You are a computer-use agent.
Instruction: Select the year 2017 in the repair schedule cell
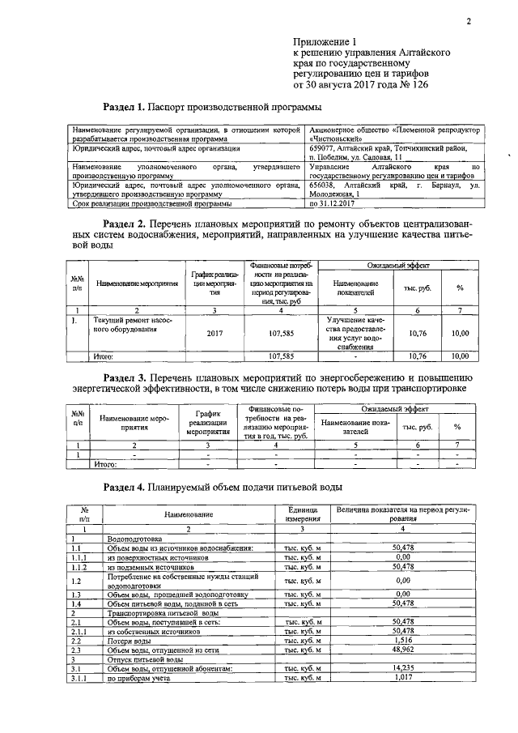(x=214, y=333)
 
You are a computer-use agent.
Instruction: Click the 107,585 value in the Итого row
(x=280, y=356)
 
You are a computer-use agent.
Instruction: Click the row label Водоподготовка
(x=134, y=538)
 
